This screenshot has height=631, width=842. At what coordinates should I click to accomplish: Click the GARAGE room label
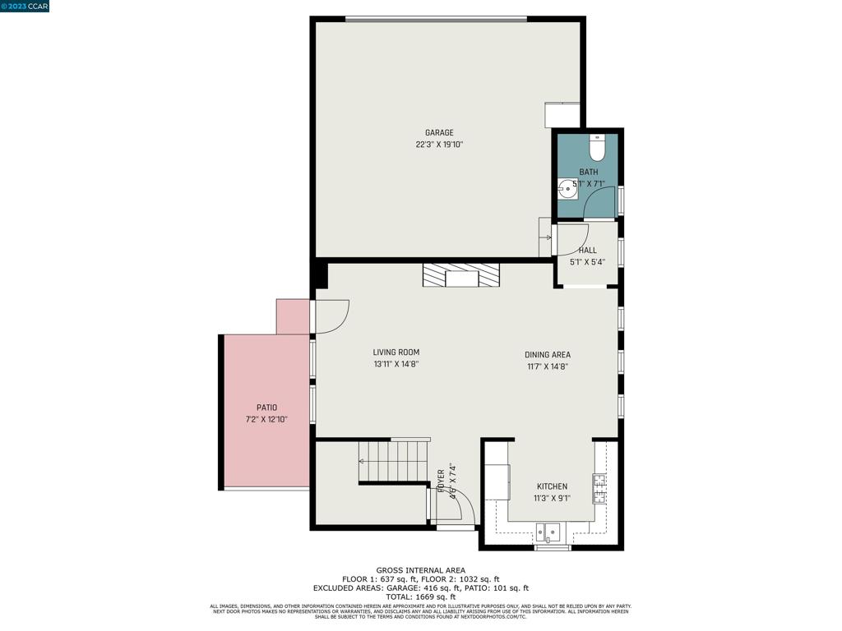pyautogui.click(x=439, y=133)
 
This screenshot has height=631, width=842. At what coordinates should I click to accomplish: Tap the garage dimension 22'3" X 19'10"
pyautogui.click(x=439, y=145)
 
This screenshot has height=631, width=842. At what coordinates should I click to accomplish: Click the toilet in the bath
pyautogui.click(x=598, y=149)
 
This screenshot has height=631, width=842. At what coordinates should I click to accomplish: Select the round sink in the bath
pyautogui.click(x=567, y=189)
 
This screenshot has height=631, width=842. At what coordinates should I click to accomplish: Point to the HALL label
pyautogui.click(x=587, y=251)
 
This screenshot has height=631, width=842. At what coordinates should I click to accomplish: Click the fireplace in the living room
pyautogui.click(x=461, y=275)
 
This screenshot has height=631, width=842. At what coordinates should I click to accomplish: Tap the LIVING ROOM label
pyautogui.click(x=396, y=352)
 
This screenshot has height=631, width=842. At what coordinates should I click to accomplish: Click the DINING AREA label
pyautogui.click(x=548, y=355)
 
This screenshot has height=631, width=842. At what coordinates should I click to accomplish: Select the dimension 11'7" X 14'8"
pyautogui.click(x=548, y=367)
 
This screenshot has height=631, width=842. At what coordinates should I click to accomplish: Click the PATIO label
pyautogui.click(x=266, y=408)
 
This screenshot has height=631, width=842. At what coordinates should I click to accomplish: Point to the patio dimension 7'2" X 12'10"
pyautogui.click(x=266, y=420)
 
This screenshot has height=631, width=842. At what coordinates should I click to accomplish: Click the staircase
pyautogui.click(x=394, y=462)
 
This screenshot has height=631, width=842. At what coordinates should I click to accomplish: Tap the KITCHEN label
pyautogui.click(x=552, y=486)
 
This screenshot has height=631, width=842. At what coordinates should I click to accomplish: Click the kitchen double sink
pyautogui.click(x=548, y=533)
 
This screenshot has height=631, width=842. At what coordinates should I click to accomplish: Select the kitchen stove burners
pyautogui.click(x=599, y=488)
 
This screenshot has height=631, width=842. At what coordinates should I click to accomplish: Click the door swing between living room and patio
pyautogui.click(x=331, y=316)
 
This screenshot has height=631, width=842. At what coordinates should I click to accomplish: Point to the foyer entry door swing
pyautogui.click(x=454, y=504)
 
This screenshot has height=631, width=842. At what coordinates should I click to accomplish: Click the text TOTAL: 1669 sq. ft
pyautogui.click(x=420, y=596)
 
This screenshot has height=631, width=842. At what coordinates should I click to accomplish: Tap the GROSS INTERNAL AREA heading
pyautogui.click(x=420, y=570)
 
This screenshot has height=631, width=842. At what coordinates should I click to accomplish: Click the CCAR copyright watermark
pyautogui.click(x=25, y=6)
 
